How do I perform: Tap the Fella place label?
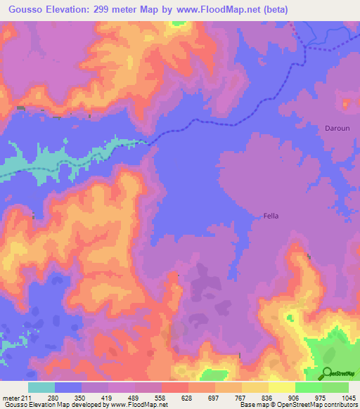pos(271,216)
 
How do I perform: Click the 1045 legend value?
pos(349,398)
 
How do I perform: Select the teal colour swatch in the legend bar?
pos(41,387)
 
